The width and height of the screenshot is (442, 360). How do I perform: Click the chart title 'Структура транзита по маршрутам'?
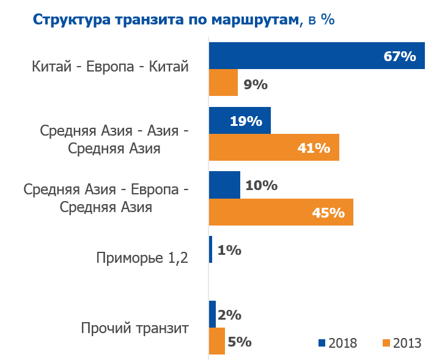tap(166, 19)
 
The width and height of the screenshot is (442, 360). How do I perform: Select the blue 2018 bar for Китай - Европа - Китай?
tap(317, 56)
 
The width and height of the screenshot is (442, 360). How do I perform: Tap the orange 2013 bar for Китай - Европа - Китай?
tap(223, 83)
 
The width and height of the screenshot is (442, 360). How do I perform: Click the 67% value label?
tap(400, 56)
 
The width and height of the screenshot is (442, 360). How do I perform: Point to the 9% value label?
tap(256, 84)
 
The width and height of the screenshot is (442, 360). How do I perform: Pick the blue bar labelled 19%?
tap(240, 120)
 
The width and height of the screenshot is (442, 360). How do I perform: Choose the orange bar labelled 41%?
tap(274, 148)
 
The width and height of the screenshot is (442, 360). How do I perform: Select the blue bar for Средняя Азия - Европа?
tap(224, 185)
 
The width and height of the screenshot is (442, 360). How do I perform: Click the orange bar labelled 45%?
tap(281, 213)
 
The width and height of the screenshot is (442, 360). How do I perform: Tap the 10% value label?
tap(261, 185)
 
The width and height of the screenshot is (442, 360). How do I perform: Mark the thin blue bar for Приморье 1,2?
tap(211, 250)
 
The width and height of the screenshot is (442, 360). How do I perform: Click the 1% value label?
tap(229, 250)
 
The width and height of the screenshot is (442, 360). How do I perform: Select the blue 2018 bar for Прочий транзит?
tap(212, 314)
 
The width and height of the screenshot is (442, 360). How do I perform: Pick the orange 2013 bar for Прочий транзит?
tap(217, 342)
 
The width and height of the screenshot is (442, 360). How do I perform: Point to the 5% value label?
tap(240, 342)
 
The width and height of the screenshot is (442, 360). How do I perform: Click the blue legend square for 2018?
tap(322, 342)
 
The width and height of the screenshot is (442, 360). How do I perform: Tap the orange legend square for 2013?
tap(386, 342)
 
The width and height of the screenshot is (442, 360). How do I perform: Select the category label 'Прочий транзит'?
tap(134, 328)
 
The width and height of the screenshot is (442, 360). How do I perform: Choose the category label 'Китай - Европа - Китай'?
tap(110, 67)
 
